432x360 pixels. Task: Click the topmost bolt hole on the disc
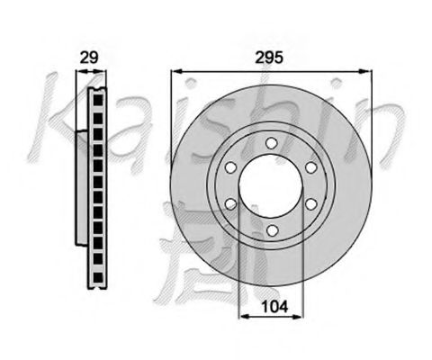click(x=271, y=142)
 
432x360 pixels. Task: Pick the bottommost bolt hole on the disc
click(x=271, y=231)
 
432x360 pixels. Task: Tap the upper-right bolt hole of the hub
click(x=310, y=166)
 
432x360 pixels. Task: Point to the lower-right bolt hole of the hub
click(x=310, y=205)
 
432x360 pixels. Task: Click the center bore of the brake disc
click(x=271, y=186)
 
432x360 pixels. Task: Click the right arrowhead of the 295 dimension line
click(x=369, y=69)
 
